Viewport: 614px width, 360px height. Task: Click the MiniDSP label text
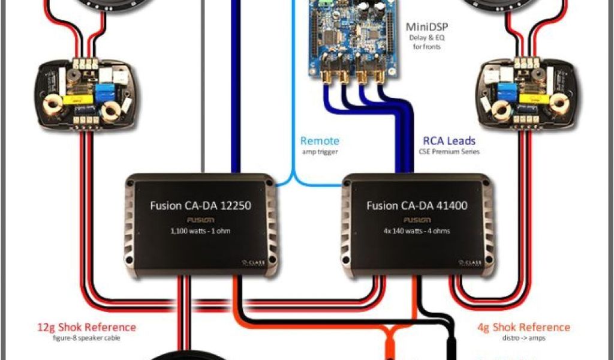pyautogui.click(x=426, y=26)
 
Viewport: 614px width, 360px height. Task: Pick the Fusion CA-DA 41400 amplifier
pyautogui.click(x=417, y=225)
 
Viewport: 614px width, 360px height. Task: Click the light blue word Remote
pyautogui.click(x=320, y=141)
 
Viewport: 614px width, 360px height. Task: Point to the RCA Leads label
pyautogui.click(x=449, y=141)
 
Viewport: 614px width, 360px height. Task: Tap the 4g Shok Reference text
pyautogui.click(x=524, y=328)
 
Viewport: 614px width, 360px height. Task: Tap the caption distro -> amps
pyautogui.click(x=524, y=337)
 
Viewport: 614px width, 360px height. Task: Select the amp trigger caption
pyautogui.click(x=320, y=152)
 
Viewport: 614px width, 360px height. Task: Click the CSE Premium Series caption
pyautogui.click(x=449, y=152)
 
